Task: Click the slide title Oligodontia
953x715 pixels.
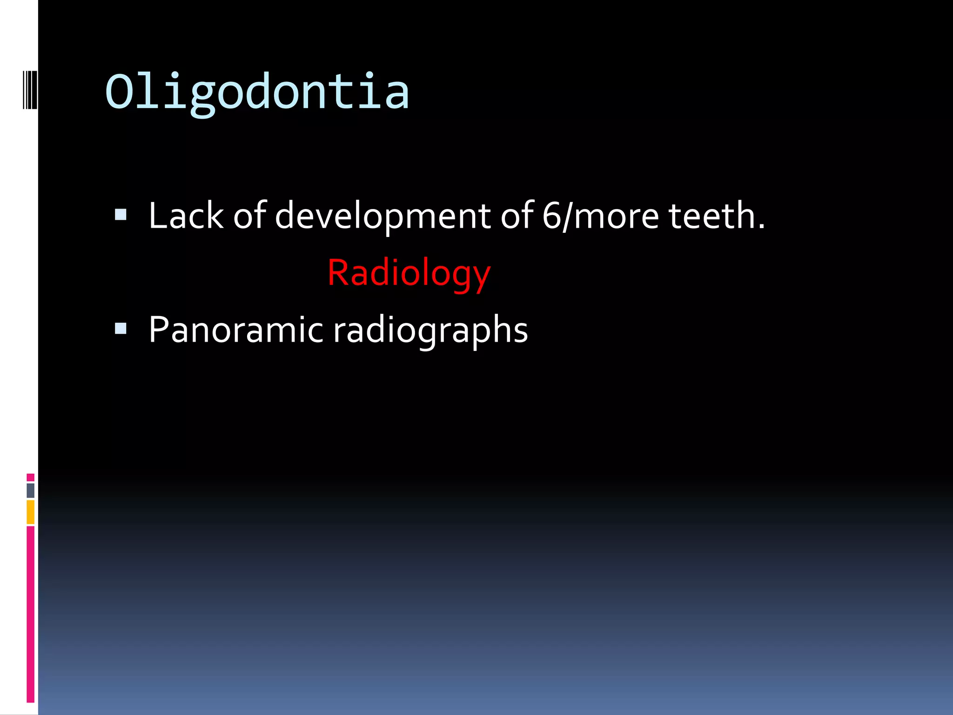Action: point(257,92)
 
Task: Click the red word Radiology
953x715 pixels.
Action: point(409,273)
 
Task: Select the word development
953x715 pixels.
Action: point(383,216)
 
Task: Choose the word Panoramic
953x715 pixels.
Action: point(235,330)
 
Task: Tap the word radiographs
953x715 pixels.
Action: point(430,331)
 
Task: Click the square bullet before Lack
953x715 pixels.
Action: point(121,215)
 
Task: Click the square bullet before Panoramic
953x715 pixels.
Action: point(121,329)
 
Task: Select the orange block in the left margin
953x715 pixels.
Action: point(31,512)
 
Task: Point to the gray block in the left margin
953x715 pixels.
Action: point(31,491)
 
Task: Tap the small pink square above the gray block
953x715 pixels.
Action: point(31,477)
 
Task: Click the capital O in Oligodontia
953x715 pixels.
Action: point(120,91)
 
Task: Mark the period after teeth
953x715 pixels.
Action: point(761,227)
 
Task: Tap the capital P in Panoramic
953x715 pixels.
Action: point(158,330)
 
